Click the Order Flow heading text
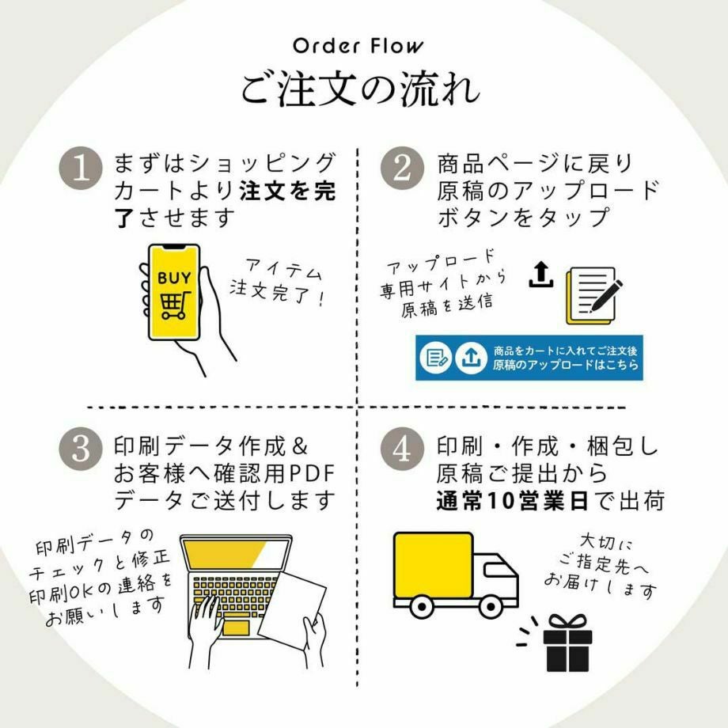click(358, 45)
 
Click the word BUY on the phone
click(173, 278)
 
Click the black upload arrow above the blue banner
click(540, 275)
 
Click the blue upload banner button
click(529, 358)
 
